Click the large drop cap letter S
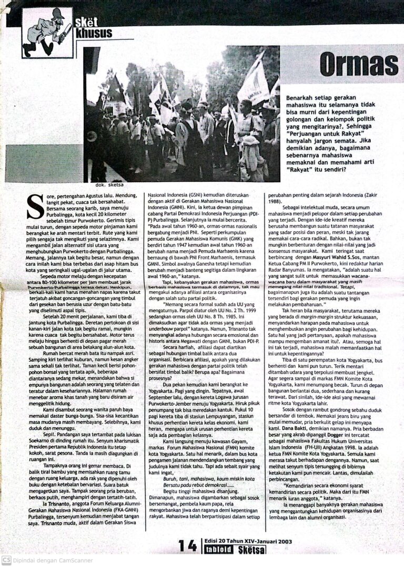pos(36,205)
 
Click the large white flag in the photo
pos(255,81)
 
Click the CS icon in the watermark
pos(6,560)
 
